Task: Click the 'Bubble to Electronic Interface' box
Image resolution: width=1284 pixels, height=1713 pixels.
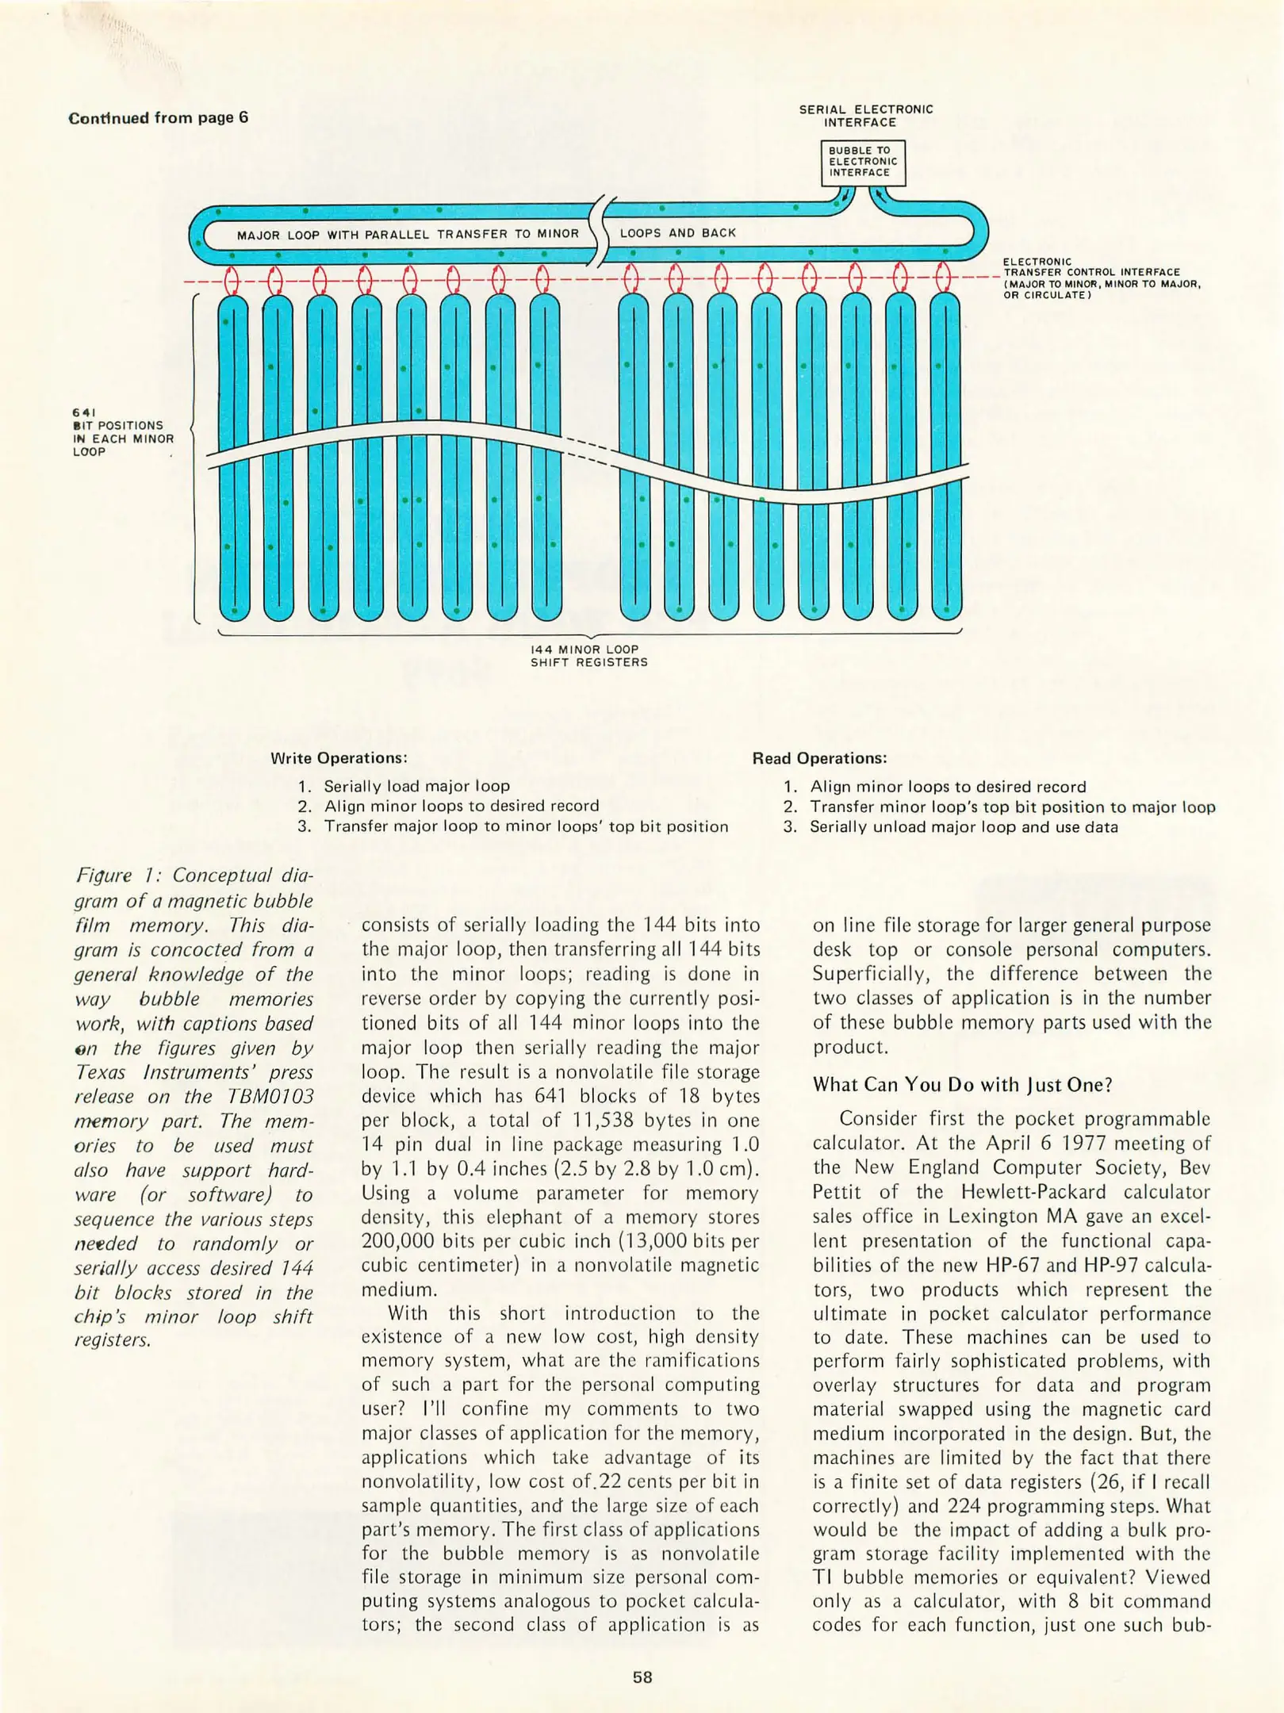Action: tap(862, 162)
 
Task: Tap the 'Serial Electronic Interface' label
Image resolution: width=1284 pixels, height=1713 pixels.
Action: tap(866, 116)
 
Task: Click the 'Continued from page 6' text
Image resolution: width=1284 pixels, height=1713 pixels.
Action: tap(159, 118)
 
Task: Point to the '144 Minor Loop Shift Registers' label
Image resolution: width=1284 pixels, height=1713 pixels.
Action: tap(588, 656)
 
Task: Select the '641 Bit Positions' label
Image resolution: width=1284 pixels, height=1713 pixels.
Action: tap(122, 432)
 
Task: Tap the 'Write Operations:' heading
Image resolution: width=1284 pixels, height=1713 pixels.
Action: tap(339, 757)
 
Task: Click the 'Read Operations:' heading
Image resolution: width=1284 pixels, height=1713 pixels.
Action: tap(819, 758)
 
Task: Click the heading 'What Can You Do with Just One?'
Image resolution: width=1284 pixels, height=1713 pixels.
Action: tap(962, 1084)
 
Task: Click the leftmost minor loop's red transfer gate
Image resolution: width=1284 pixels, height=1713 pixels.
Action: tap(232, 280)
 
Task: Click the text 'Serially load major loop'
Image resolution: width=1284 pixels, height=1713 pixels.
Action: tap(416, 786)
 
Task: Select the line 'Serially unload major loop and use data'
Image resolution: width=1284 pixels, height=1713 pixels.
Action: tap(963, 827)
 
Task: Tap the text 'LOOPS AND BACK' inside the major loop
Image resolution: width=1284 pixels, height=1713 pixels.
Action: tap(678, 233)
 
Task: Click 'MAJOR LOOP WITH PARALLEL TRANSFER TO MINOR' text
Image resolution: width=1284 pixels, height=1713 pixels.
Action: tap(408, 235)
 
